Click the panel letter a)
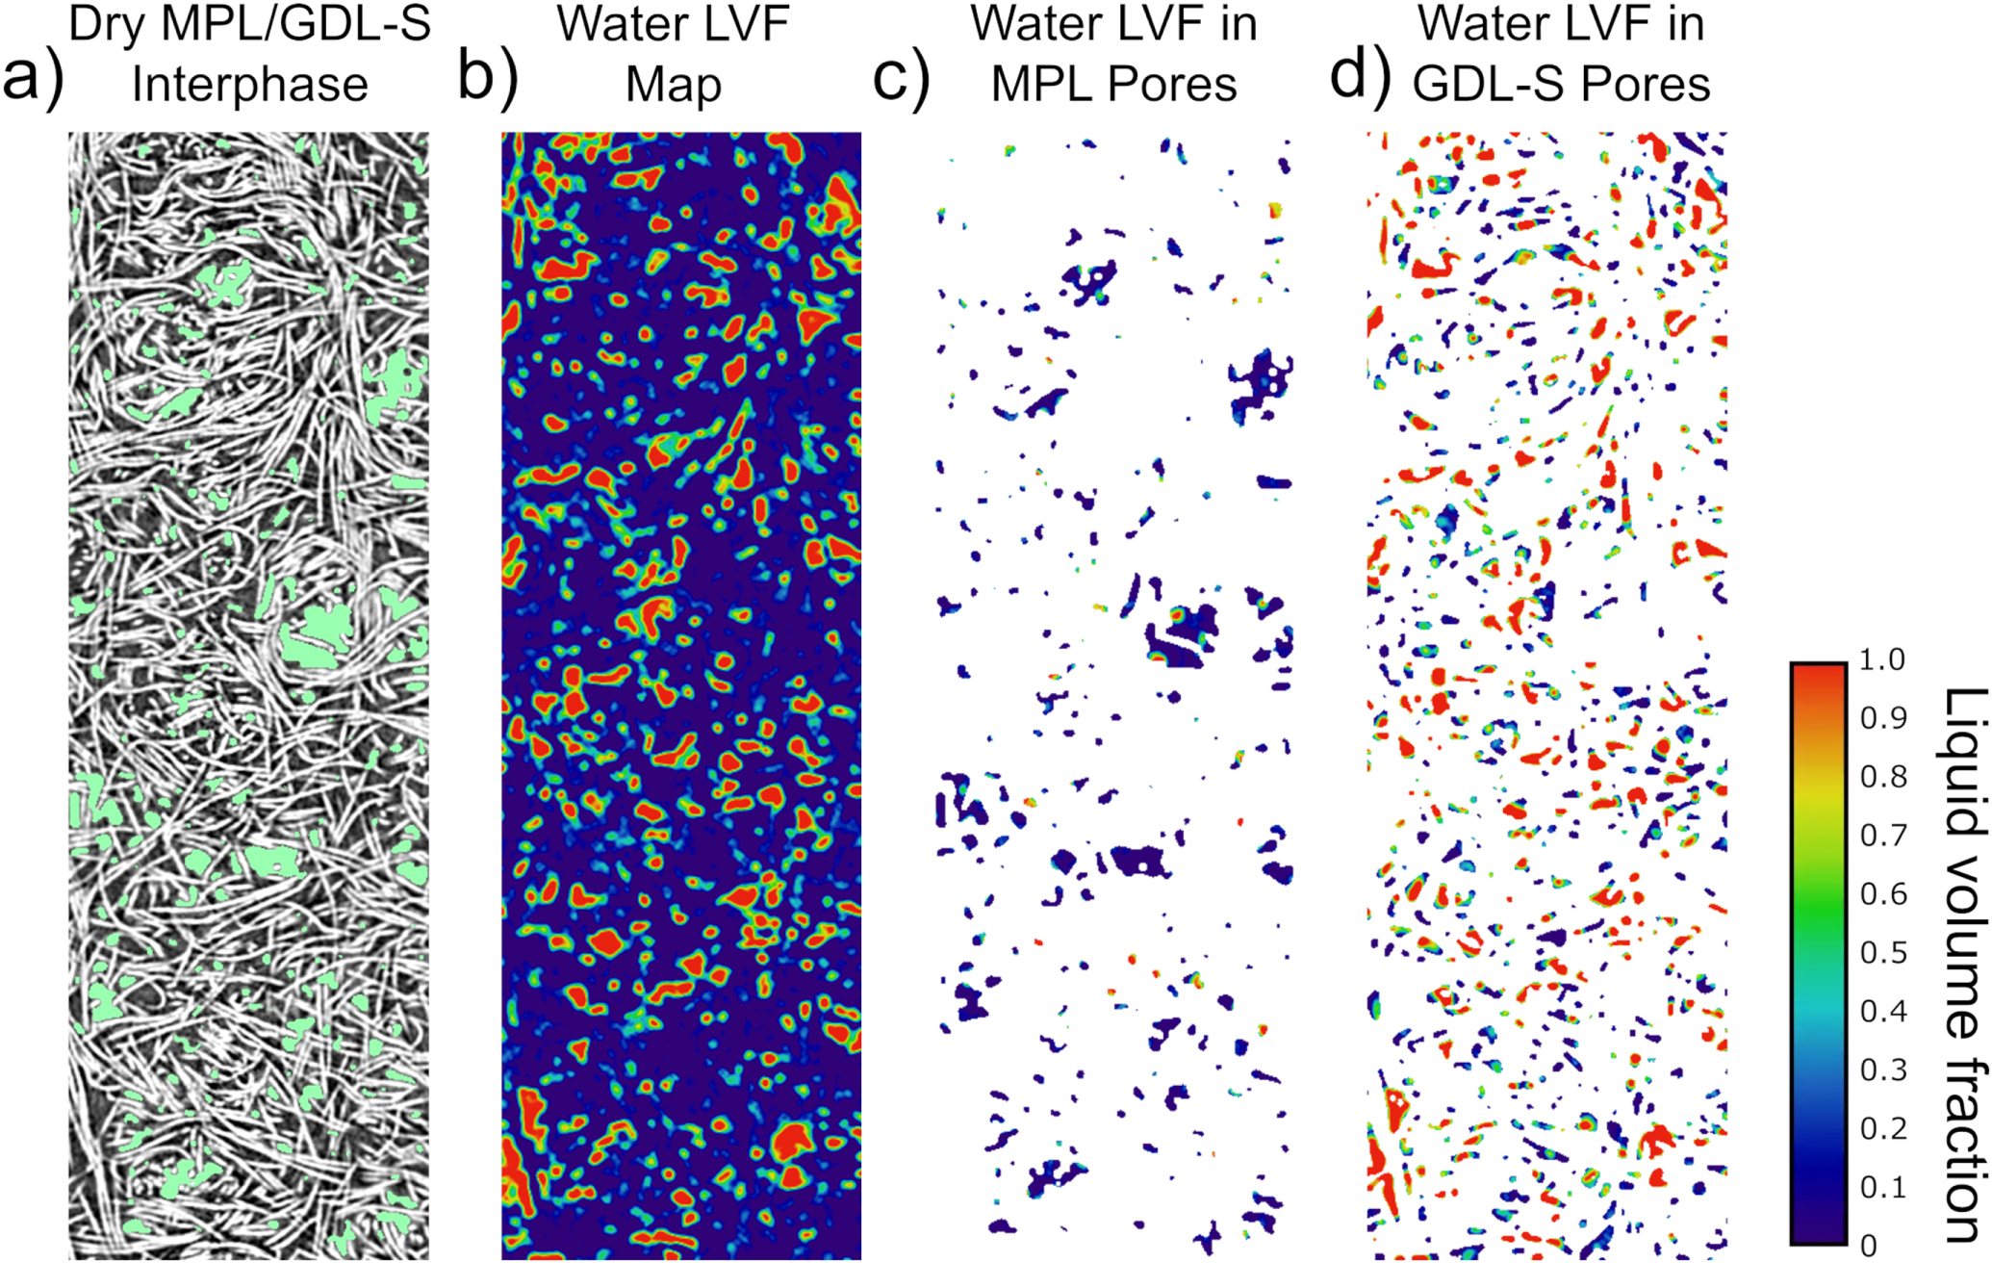tap(32, 77)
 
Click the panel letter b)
tap(487, 77)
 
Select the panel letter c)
tap(901, 77)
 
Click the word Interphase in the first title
tap(250, 85)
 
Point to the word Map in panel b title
tap(673, 85)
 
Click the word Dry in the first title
tap(107, 25)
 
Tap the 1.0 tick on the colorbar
tap(1881, 660)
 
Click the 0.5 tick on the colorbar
tap(1881, 953)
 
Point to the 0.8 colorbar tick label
tap(1881, 777)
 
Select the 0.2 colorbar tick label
tap(1881, 1128)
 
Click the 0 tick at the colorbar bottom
tap(1868, 1245)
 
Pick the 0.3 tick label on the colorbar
tap(1881, 1070)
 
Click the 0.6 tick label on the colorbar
tap(1881, 894)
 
